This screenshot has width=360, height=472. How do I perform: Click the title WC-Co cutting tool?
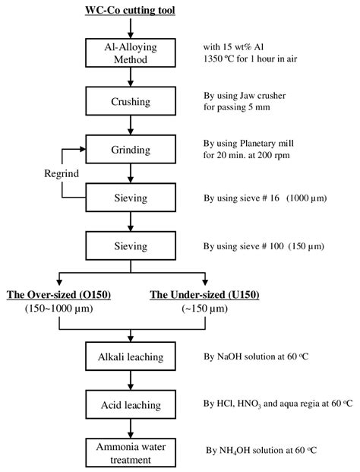point(130,10)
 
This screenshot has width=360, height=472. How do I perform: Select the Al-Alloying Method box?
point(131,52)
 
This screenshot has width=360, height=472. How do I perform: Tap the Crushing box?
point(131,101)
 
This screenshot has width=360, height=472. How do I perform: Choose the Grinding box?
point(131,149)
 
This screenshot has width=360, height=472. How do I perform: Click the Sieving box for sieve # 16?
point(131,198)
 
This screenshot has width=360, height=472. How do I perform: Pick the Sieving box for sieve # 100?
point(131,246)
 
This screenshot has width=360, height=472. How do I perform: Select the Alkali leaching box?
point(131,356)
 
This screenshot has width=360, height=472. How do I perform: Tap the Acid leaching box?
point(131,404)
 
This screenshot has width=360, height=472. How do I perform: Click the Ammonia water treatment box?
point(131,453)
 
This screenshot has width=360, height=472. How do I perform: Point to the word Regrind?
point(62,173)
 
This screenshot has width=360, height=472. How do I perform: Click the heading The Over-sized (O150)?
point(59,294)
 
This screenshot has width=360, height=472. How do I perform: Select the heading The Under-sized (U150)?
point(204,294)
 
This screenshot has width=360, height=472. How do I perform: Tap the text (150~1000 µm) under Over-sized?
point(59,309)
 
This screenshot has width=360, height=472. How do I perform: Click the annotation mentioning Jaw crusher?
point(245,96)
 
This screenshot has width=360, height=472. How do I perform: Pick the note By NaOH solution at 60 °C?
point(256,356)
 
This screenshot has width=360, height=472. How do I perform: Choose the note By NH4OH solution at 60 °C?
point(261,450)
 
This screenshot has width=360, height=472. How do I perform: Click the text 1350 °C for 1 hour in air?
point(250,59)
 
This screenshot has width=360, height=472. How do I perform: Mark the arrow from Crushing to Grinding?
point(131,125)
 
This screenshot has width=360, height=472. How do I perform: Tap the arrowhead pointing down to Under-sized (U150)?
point(205,282)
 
